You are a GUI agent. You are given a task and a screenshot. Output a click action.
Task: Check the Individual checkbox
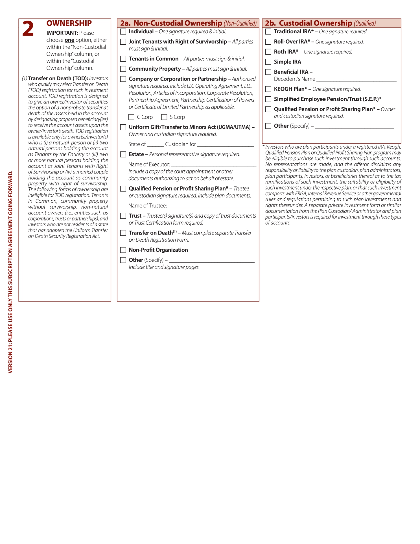point(123,32)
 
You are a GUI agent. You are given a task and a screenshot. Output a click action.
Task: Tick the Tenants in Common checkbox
point(123,59)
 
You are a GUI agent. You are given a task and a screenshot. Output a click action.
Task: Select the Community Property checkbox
point(123,69)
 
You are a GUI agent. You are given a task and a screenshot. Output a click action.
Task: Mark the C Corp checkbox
point(131,117)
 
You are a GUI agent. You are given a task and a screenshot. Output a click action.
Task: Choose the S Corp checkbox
point(164,117)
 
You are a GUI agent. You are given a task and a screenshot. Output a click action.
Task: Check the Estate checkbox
point(123,155)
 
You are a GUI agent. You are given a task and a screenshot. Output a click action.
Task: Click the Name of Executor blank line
point(213,165)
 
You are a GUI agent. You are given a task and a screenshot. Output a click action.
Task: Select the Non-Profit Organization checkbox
point(123,250)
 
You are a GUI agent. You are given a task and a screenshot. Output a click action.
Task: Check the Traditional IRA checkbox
point(268,32)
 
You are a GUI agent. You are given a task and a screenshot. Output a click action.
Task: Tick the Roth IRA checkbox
point(268,52)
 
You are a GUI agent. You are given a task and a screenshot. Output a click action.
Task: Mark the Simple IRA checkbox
point(268,62)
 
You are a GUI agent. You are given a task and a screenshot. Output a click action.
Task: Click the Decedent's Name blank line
point(356,79)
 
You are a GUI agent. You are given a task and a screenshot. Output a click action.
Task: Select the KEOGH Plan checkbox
point(268,89)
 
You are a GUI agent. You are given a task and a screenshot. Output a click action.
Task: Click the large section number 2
point(28,29)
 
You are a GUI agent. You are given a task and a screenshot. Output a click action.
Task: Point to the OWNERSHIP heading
point(69,23)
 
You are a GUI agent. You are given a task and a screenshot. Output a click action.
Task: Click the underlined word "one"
point(69,40)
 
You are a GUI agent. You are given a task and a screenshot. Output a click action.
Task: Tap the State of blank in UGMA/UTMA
point(155,145)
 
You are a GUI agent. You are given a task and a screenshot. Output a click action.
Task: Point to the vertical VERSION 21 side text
point(10,271)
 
